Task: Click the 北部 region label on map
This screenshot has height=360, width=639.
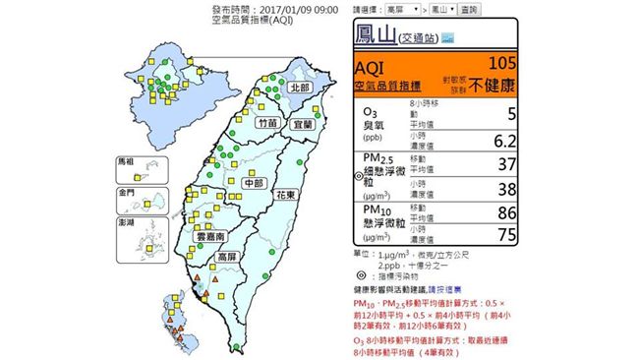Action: tap(295, 87)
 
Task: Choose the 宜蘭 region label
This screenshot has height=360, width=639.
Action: tap(303, 125)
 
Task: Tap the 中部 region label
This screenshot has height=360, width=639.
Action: tap(254, 183)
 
